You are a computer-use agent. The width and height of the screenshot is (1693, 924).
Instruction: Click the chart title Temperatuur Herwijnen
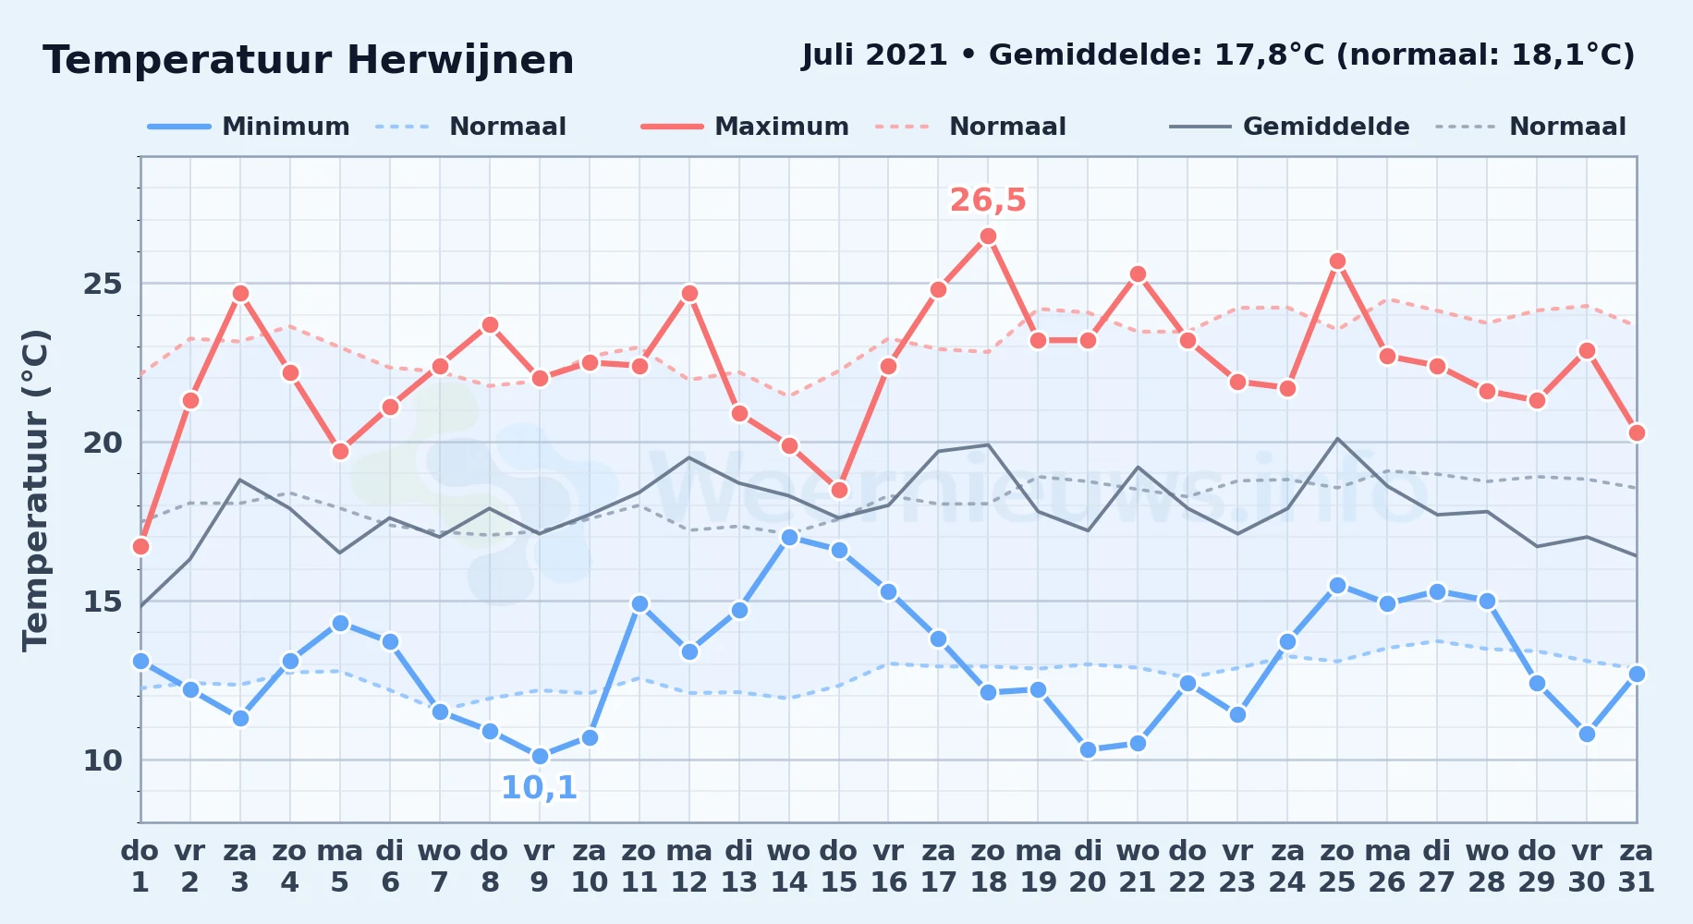tap(309, 61)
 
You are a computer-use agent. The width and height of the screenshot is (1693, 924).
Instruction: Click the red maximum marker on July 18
tap(988, 237)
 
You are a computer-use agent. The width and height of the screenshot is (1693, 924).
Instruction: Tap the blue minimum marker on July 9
tap(540, 756)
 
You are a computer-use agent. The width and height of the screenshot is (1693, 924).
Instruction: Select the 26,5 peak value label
tap(988, 200)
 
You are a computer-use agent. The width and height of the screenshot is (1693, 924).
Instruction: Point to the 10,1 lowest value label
tap(540, 788)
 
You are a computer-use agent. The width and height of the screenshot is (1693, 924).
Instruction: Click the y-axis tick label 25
tap(103, 284)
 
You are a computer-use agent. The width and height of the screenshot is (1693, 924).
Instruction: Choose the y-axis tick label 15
tap(103, 602)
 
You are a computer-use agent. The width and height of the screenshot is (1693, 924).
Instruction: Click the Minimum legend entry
tap(250, 127)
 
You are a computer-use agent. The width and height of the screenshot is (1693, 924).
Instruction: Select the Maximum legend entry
tap(745, 127)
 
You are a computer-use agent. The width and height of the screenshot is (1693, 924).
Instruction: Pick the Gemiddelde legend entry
tap(1290, 127)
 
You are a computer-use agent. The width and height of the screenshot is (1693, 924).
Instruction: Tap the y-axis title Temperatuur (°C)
tap(35, 490)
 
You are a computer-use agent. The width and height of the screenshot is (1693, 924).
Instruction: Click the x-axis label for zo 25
tap(1337, 867)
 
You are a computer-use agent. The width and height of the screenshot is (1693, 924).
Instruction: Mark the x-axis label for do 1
tap(140, 867)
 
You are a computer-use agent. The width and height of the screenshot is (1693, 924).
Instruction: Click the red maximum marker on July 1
tap(140, 546)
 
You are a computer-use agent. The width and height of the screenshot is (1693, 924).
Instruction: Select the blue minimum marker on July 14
tap(789, 537)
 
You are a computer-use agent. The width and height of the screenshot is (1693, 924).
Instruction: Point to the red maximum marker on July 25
tap(1337, 261)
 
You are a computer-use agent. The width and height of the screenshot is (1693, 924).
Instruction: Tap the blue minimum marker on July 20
tap(1088, 749)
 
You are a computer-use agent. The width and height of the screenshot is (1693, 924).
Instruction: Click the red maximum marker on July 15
tap(839, 490)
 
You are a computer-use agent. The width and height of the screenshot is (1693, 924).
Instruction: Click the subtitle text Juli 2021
tap(874, 55)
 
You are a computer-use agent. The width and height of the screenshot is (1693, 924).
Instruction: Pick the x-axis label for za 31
tap(1637, 867)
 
